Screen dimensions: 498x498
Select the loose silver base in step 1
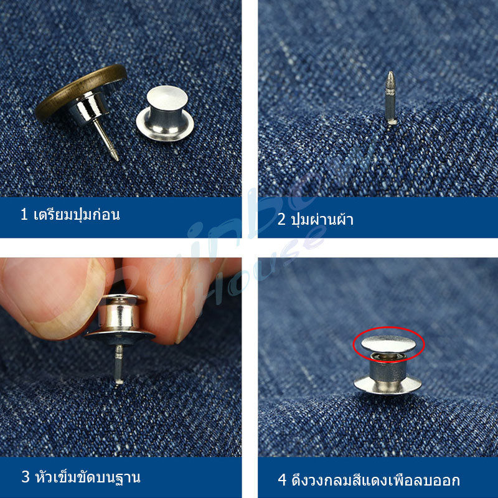[x=165, y=113]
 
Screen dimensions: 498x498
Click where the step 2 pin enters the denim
[x=391, y=123]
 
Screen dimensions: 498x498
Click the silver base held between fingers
[x=120, y=319]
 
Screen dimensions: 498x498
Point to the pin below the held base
[x=119, y=364]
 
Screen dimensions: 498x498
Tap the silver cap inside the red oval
[x=388, y=344]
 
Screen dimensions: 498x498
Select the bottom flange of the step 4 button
[x=388, y=385]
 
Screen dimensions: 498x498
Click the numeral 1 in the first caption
[x=24, y=214]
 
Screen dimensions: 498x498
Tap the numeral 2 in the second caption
[x=281, y=220]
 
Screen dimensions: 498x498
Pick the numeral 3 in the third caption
[x=26, y=477]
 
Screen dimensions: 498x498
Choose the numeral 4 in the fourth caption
[x=282, y=479]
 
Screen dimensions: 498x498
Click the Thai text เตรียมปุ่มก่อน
[x=77, y=214]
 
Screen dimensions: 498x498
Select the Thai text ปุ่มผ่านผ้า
[x=322, y=218]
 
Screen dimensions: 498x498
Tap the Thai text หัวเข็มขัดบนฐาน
[x=88, y=476]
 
